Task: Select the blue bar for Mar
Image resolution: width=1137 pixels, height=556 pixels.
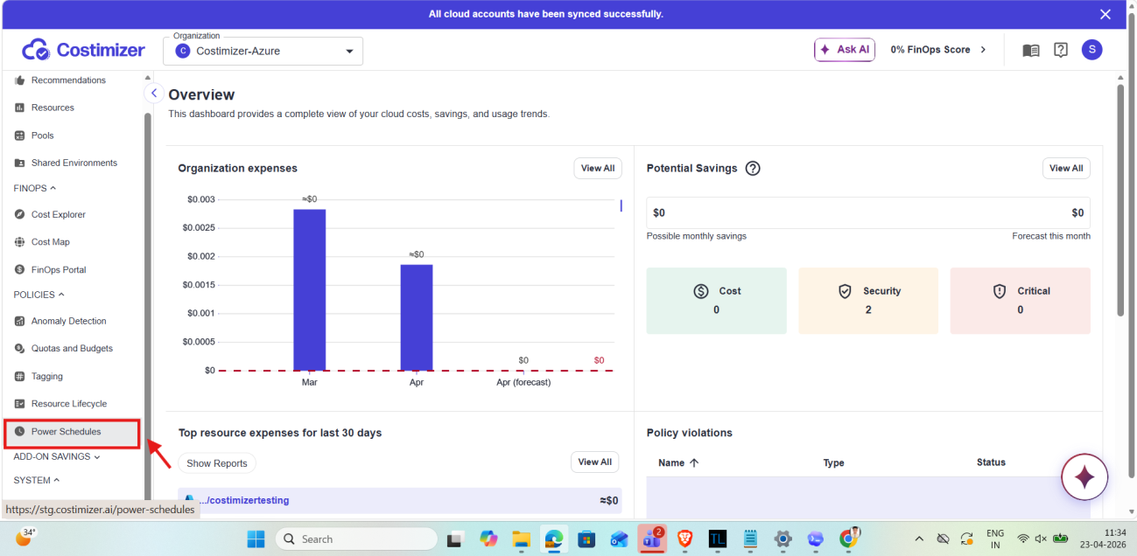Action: [x=310, y=289]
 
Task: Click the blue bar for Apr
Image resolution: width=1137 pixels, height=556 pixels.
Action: [x=417, y=317]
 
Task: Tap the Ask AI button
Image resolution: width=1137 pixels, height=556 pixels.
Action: [x=844, y=50]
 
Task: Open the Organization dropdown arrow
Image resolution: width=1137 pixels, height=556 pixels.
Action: [x=349, y=52]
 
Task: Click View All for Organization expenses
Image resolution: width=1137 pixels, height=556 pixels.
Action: [x=598, y=168]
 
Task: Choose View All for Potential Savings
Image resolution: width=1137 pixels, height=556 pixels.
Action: [x=1066, y=168]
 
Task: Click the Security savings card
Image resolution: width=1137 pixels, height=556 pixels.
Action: [x=868, y=301]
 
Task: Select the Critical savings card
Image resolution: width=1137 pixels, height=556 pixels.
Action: [x=1021, y=301]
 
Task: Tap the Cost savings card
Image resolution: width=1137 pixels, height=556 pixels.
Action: [x=716, y=301]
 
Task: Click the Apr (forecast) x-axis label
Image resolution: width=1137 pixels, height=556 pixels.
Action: [x=523, y=382]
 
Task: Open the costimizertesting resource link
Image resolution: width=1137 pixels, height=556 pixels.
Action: [x=244, y=500]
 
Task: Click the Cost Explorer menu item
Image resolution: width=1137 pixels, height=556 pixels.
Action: [x=59, y=214]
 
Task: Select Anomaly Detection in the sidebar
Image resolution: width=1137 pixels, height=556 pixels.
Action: [x=68, y=321]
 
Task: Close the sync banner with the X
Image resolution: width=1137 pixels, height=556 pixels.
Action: [x=1105, y=14]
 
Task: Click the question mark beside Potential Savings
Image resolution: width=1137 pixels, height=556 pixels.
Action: [x=753, y=168]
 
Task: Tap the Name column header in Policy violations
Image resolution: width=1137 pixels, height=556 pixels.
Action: [x=671, y=462]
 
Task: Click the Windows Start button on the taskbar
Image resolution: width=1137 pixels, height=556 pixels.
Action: [x=256, y=539]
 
